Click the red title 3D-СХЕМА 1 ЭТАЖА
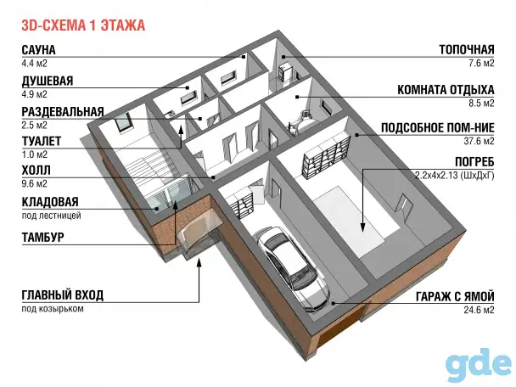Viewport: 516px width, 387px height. [x=83, y=25]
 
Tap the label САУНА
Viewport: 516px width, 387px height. [x=38, y=50]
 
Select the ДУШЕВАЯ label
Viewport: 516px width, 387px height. [x=48, y=81]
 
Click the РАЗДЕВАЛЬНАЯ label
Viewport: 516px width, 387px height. [x=63, y=111]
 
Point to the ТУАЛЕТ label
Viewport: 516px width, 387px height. [x=42, y=141]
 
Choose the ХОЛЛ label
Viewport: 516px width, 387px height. [x=36, y=170]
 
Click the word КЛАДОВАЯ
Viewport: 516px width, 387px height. [x=50, y=202]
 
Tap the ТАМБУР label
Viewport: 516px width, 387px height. [x=42, y=237]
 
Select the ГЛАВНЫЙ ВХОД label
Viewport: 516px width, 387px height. [x=63, y=294]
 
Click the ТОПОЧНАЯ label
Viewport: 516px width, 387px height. [x=467, y=50]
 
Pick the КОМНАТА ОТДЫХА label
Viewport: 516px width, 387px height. [x=446, y=89]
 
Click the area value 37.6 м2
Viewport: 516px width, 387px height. [x=479, y=141]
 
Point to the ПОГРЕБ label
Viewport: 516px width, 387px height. [x=474, y=162]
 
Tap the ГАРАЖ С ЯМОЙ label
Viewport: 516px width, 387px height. [x=455, y=296]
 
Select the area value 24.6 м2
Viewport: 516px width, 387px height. [x=479, y=310]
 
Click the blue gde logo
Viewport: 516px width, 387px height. [x=480, y=365]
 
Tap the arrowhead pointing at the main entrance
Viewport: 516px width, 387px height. [x=199, y=262]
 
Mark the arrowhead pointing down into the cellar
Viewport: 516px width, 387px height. [x=362, y=227]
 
